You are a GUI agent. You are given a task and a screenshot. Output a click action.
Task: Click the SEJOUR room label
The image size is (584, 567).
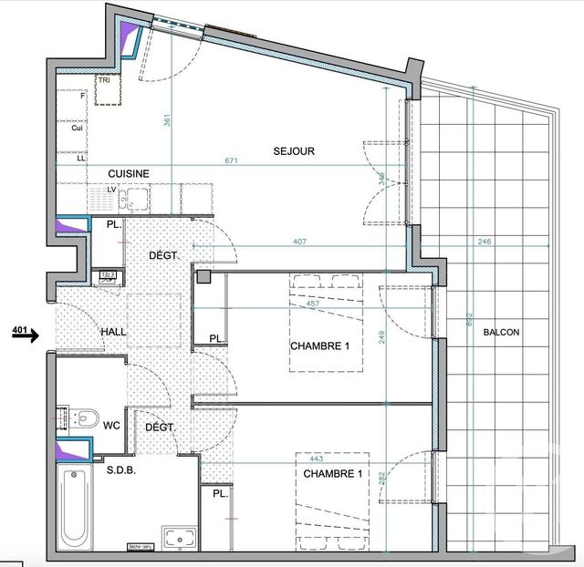pyautogui.click(x=294, y=151)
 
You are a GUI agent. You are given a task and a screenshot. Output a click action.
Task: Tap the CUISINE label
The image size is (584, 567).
pyautogui.click(x=129, y=173)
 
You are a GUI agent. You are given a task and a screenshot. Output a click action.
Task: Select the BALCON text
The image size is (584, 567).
pyautogui.click(x=501, y=333)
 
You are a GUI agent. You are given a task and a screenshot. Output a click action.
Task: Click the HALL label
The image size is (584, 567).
pyautogui.click(x=113, y=333)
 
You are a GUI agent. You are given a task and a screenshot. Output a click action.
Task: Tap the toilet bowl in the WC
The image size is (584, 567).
pyautogui.click(x=86, y=418)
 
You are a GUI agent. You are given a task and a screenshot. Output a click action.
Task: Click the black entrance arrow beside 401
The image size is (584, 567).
pyautogui.click(x=26, y=336)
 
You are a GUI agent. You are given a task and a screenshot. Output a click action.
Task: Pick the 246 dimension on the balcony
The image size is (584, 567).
pyautogui.click(x=483, y=242)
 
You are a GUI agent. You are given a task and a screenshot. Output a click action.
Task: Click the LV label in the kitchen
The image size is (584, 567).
pyautogui.click(x=110, y=190)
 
